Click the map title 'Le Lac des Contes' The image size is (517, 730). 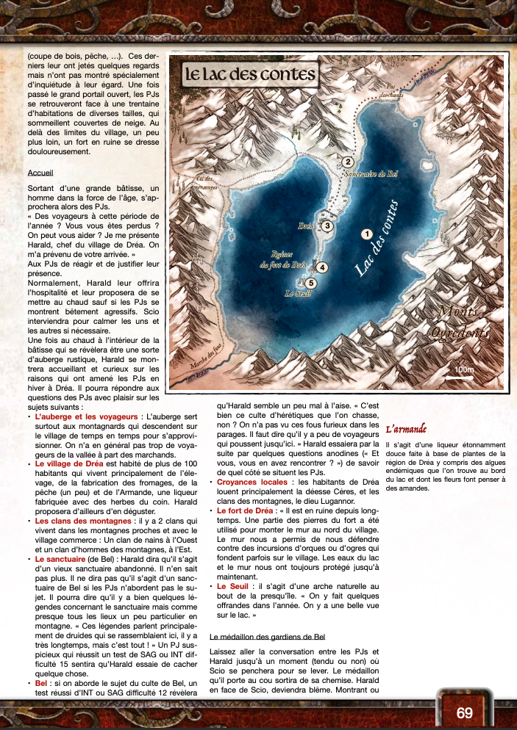(249, 74)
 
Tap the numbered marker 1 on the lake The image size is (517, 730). (366, 234)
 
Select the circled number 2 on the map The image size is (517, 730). (348, 162)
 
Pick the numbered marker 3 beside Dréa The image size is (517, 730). (327, 226)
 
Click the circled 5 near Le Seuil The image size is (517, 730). (311, 283)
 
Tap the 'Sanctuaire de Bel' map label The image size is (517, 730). (371, 175)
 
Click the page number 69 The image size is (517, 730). (464, 713)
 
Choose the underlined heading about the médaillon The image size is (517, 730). (267, 636)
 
